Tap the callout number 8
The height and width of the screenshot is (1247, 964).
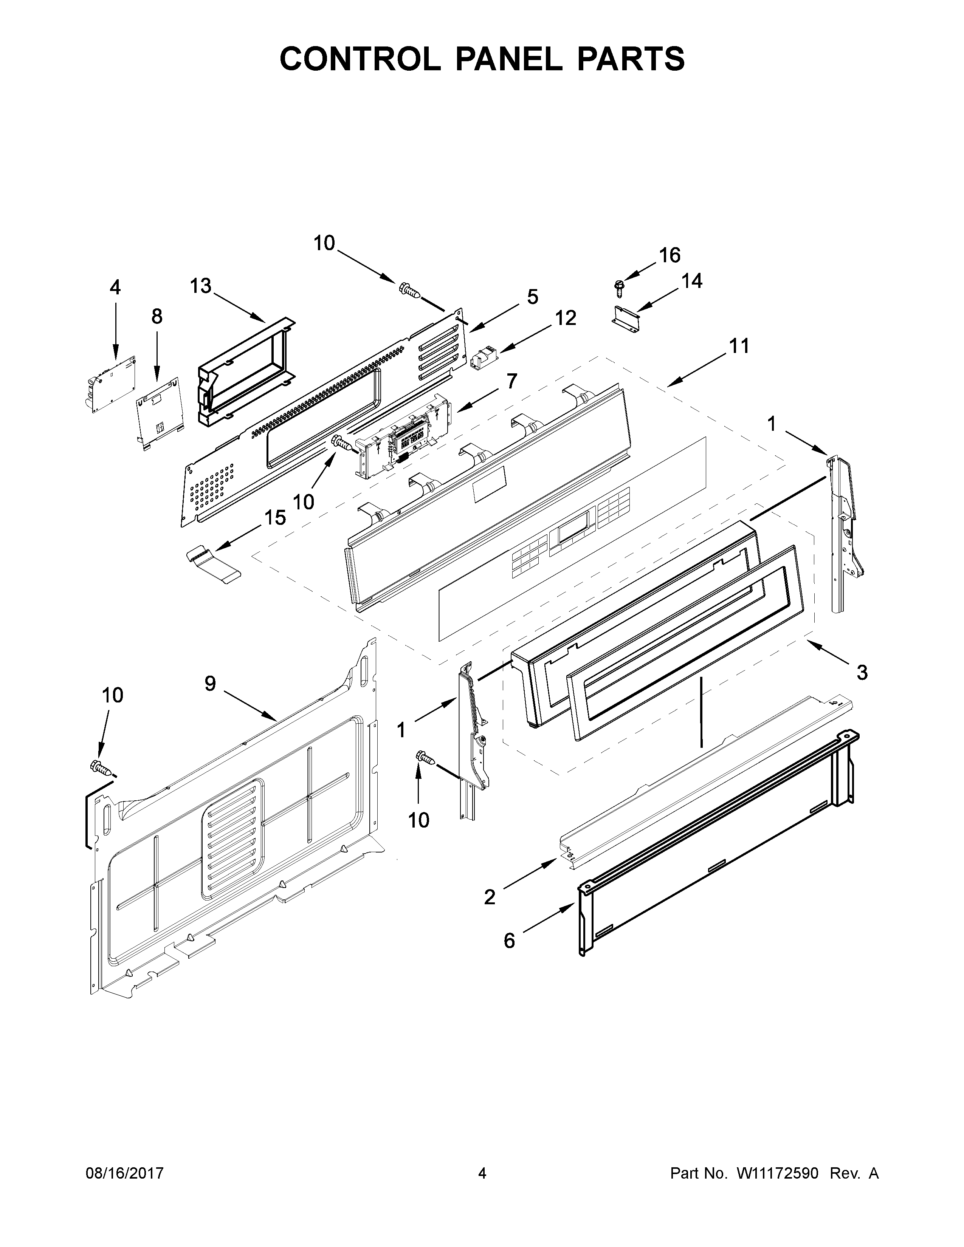tap(157, 316)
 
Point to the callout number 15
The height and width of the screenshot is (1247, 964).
tap(275, 518)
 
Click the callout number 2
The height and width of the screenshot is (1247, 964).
tap(490, 897)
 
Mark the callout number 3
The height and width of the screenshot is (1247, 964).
tap(862, 673)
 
